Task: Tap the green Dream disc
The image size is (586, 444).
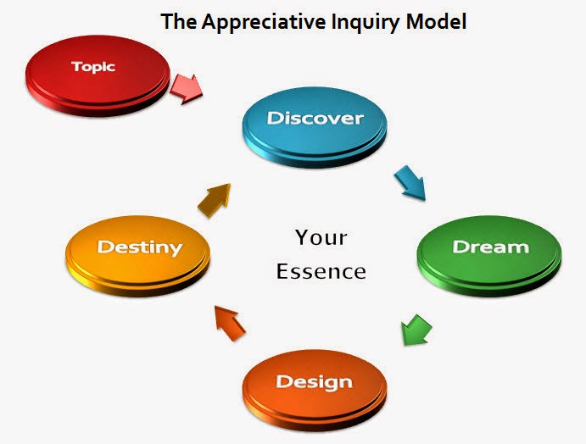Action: click(x=489, y=249)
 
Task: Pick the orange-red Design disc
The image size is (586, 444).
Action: click(x=315, y=385)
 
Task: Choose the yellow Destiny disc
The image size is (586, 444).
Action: click(x=139, y=252)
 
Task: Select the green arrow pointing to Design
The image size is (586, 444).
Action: click(x=416, y=330)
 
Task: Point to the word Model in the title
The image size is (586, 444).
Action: click(x=437, y=22)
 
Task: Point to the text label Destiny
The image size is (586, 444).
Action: click(x=139, y=247)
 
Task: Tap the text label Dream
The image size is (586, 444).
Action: click(x=490, y=247)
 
